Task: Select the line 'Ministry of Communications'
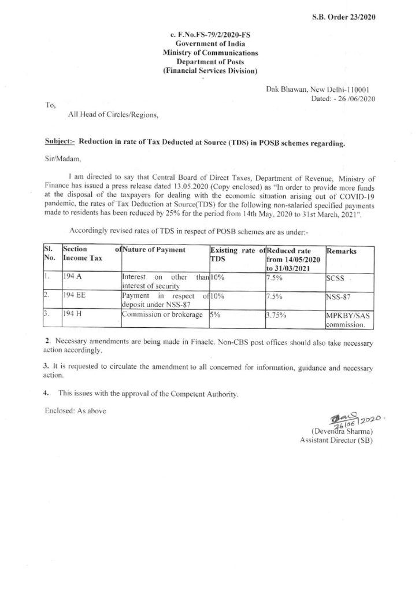tap(210, 53)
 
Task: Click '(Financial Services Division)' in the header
tap(210, 70)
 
